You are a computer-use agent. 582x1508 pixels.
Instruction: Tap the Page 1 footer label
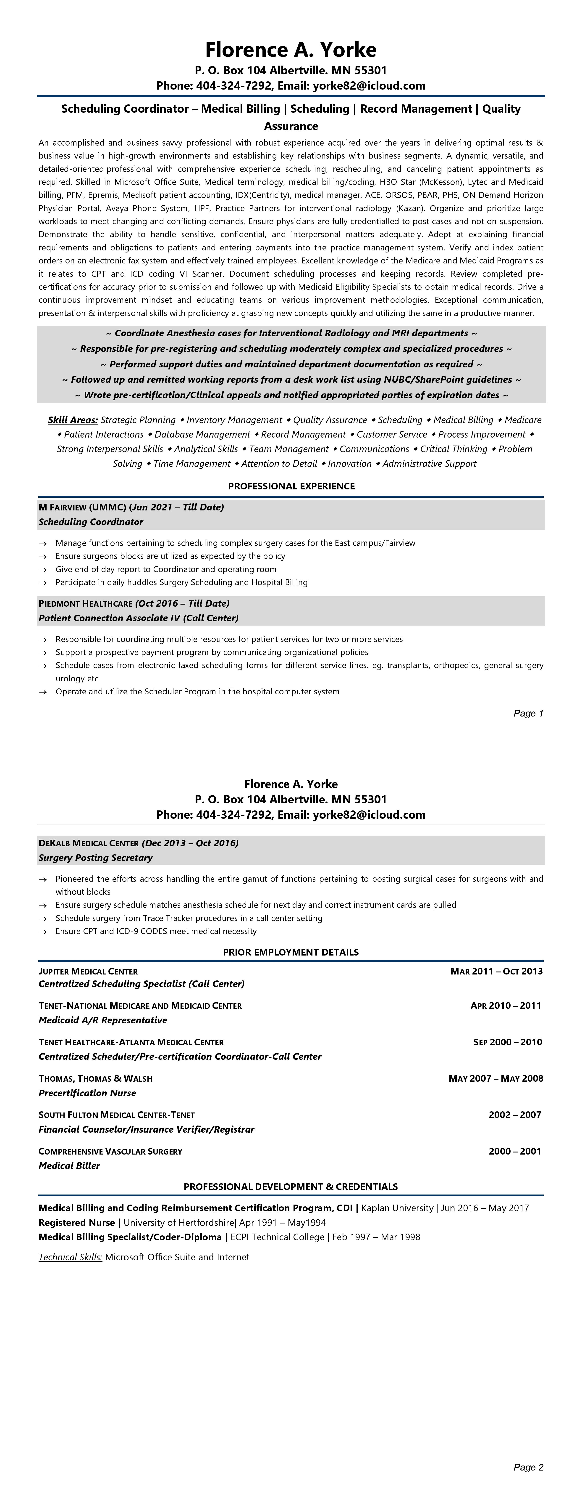point(528,713)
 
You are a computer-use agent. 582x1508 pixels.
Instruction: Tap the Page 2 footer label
point(528,1467)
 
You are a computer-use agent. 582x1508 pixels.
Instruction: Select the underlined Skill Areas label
point(73,420)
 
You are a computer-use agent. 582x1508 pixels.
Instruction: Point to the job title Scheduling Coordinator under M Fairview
point(91,522)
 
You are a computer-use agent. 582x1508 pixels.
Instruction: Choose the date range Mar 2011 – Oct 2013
point(496,971)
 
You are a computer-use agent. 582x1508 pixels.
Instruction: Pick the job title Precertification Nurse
point(87,1093)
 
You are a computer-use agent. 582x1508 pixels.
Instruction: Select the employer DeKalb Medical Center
point(88,843)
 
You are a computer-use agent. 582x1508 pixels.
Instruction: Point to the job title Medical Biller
point(69,1166)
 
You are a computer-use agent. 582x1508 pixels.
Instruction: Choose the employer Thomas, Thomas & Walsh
point(95,1078)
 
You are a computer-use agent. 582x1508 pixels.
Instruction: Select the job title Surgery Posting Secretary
point(95,858)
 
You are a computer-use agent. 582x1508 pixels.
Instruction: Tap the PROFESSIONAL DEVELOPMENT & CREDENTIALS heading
point(291,1187)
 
